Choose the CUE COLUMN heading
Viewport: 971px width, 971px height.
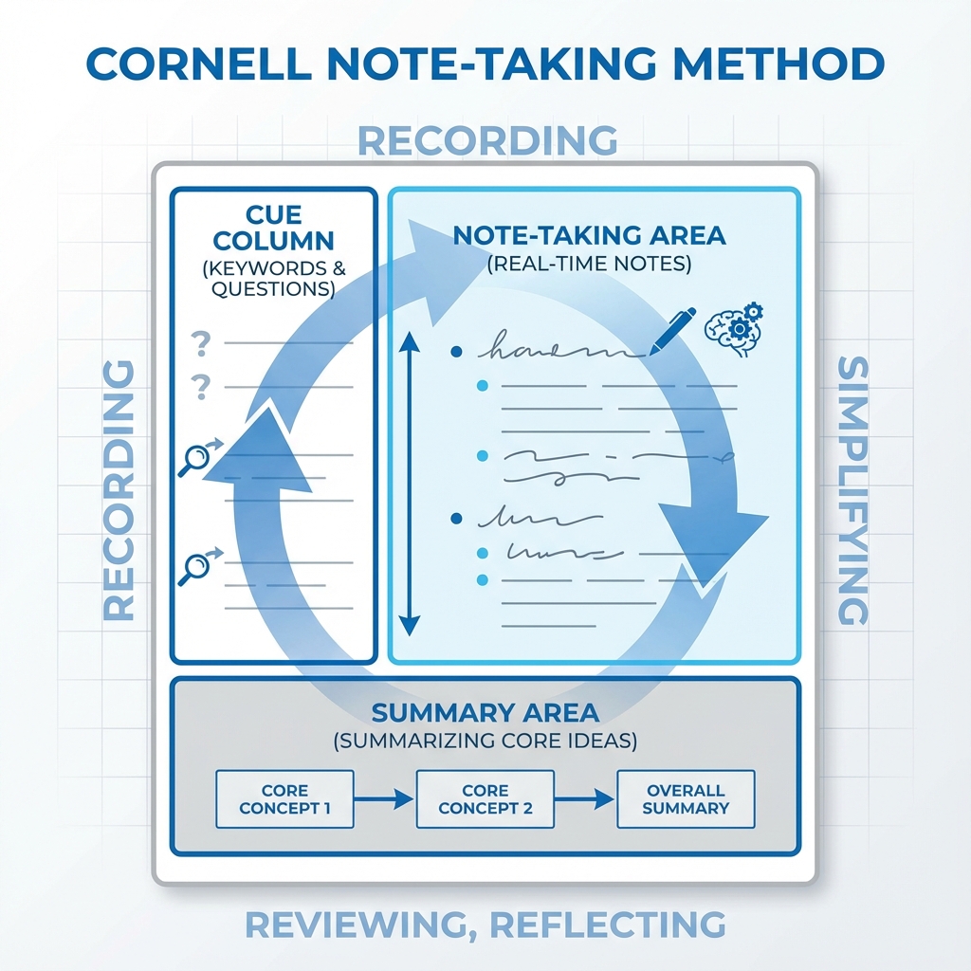pos(273,227)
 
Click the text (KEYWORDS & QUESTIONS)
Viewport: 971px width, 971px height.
pos(273,279)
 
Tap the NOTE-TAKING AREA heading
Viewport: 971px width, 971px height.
pos(589,235)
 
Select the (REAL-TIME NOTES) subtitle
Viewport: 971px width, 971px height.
pos(589,264)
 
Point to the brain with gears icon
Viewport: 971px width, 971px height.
pos(731,324)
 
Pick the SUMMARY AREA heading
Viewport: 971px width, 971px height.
pos(485,712)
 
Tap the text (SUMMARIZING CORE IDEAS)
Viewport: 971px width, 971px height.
pos(485,741)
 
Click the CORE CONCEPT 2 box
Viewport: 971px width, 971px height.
pos(485,799)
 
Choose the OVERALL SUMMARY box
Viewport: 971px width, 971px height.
pos(686,799)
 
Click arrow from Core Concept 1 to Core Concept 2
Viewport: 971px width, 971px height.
pos(384,799)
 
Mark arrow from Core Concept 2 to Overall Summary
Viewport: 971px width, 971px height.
pos(585,799)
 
